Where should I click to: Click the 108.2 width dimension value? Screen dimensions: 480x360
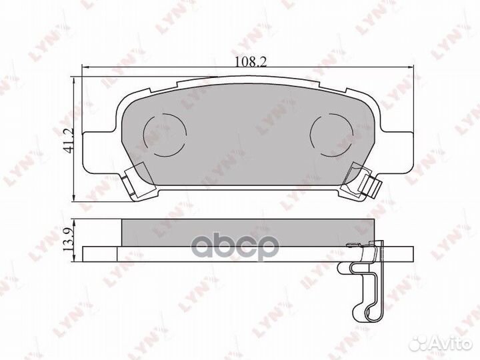click(251, 61)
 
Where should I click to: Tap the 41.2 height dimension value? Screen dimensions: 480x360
click(67, 141)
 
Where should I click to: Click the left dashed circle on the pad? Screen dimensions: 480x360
click(165, 135)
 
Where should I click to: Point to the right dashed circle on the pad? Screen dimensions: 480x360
click(331, 135)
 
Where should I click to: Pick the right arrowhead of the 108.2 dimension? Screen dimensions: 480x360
click(410, 67)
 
